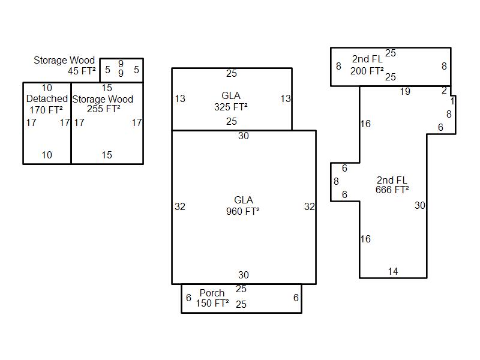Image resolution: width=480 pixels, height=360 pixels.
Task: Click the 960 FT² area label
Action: click(x=243, y=211)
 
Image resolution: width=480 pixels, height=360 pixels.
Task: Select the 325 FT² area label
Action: click(x=231, y=107)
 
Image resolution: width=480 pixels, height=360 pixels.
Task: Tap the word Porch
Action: click(x=212, y=293)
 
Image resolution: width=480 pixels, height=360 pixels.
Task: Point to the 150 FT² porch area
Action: click(x=212, y=304)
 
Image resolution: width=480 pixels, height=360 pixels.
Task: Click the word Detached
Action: click(x=47, y=98)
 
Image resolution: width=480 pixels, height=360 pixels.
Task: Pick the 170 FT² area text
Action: click(x=45, y=110)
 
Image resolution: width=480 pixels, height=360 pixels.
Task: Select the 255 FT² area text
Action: click(x=104, y=109)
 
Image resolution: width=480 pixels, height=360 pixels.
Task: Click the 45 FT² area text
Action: click(x=82, y=71)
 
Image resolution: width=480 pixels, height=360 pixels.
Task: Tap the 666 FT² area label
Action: click(x=392, y=190)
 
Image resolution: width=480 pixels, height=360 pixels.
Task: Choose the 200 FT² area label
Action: click(x=367, y=71)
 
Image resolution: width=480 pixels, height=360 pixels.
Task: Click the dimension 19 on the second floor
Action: click(x=405, y=92)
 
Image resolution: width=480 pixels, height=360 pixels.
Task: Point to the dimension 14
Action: click(x=392, y=272)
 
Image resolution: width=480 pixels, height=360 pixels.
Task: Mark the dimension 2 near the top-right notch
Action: click(x=445, y=91)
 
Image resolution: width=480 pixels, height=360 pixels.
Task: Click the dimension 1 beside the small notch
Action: click(x=452, y=102)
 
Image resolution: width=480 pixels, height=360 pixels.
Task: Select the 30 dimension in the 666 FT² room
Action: click(x=419, y=206)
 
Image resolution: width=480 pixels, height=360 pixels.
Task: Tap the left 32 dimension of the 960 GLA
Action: click(x=180, y=206)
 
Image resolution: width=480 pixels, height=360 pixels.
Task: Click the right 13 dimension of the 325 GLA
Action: click(x=286, y=99)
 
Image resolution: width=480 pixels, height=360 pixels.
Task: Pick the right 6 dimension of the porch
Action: click(x=296, y=298)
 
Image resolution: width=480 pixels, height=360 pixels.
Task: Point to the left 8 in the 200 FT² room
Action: click(x=338, y=67)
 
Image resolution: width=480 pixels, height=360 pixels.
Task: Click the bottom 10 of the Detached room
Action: click(x=47, y=155)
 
